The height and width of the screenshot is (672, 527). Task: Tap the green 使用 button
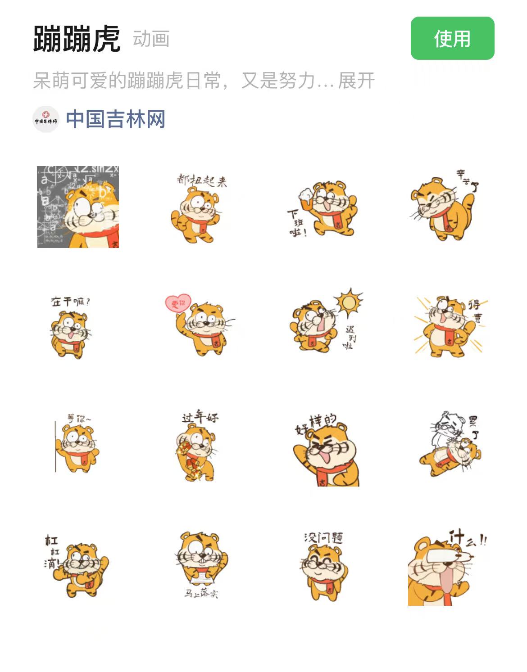pos(452,38)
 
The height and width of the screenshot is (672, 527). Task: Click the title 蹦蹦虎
pos(77,39)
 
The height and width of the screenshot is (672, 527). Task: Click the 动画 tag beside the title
pos(151,39)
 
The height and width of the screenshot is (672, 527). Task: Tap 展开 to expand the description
pos(356,81)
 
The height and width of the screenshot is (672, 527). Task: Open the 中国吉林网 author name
pos(116,119)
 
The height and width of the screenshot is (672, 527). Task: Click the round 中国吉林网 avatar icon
pos(46,120)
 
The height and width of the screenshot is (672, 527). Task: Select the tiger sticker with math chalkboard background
pos(78,207)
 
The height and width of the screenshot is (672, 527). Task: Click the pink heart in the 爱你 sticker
pos(178,303)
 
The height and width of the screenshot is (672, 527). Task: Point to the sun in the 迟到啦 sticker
pos(348,302)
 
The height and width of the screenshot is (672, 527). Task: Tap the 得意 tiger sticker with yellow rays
pos(448,326)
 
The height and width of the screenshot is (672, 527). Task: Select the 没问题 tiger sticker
pos(324,567)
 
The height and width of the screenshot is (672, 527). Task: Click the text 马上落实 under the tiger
pos(200,594)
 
